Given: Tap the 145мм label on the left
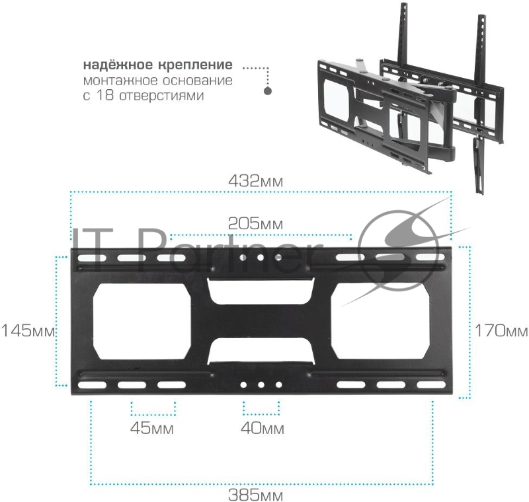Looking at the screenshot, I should click(26, 330).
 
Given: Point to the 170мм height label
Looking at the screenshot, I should click(499, 330).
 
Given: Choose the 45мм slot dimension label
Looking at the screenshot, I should click(152, 429).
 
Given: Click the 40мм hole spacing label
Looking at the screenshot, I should click(262, 429).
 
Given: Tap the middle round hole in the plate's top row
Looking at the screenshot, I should click(261, 258).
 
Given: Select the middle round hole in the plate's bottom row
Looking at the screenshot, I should click(261, 384).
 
